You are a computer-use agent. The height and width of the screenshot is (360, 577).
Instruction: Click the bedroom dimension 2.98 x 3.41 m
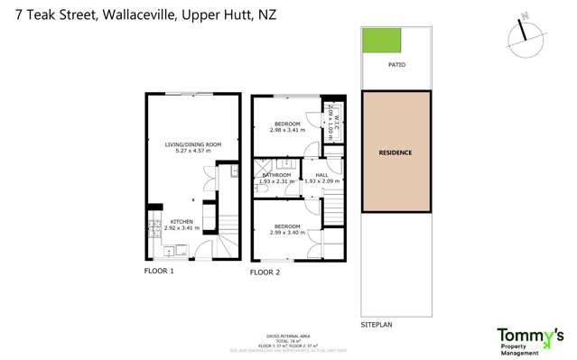[x=287, y=130]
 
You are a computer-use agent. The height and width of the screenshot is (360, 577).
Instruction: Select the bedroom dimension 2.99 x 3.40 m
[x=287, y=233]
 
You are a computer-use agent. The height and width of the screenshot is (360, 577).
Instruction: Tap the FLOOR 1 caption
[x=159, y=271]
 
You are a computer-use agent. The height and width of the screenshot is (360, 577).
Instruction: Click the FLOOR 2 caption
[x=265, y=272]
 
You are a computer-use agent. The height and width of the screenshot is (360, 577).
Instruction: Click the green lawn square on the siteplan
[x=381, y=41]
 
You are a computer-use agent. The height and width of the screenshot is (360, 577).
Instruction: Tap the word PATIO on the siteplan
[x=396, y=65]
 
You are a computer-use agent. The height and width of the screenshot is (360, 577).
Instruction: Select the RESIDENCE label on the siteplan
[x=396, y=152]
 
